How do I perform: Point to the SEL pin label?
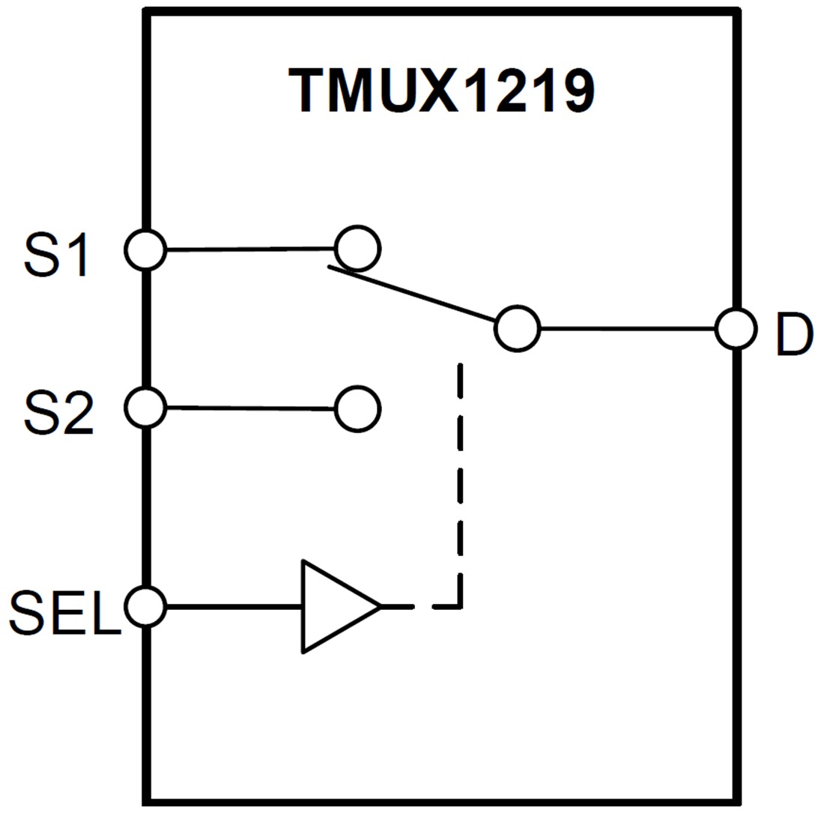[64, 613]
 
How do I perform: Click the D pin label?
[793, 335]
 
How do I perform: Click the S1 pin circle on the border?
[145, 250]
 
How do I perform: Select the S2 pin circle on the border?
[145, 408]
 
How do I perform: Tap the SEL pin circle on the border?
[145, 606]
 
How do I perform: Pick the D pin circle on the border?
[736, 328]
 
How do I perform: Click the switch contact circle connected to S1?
[357, 248]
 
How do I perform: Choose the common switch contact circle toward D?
[517, 328]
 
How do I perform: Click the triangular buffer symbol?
[333, 606]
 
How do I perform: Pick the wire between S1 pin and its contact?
[250, 249]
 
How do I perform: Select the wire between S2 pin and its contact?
[250, 408]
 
